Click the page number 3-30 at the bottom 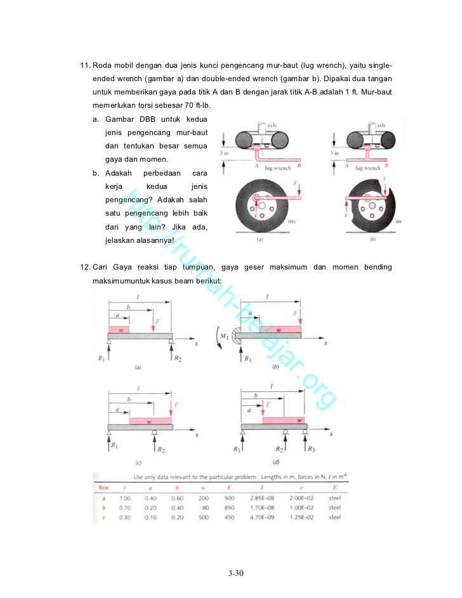235,574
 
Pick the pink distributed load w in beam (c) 150,420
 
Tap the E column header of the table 334,487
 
